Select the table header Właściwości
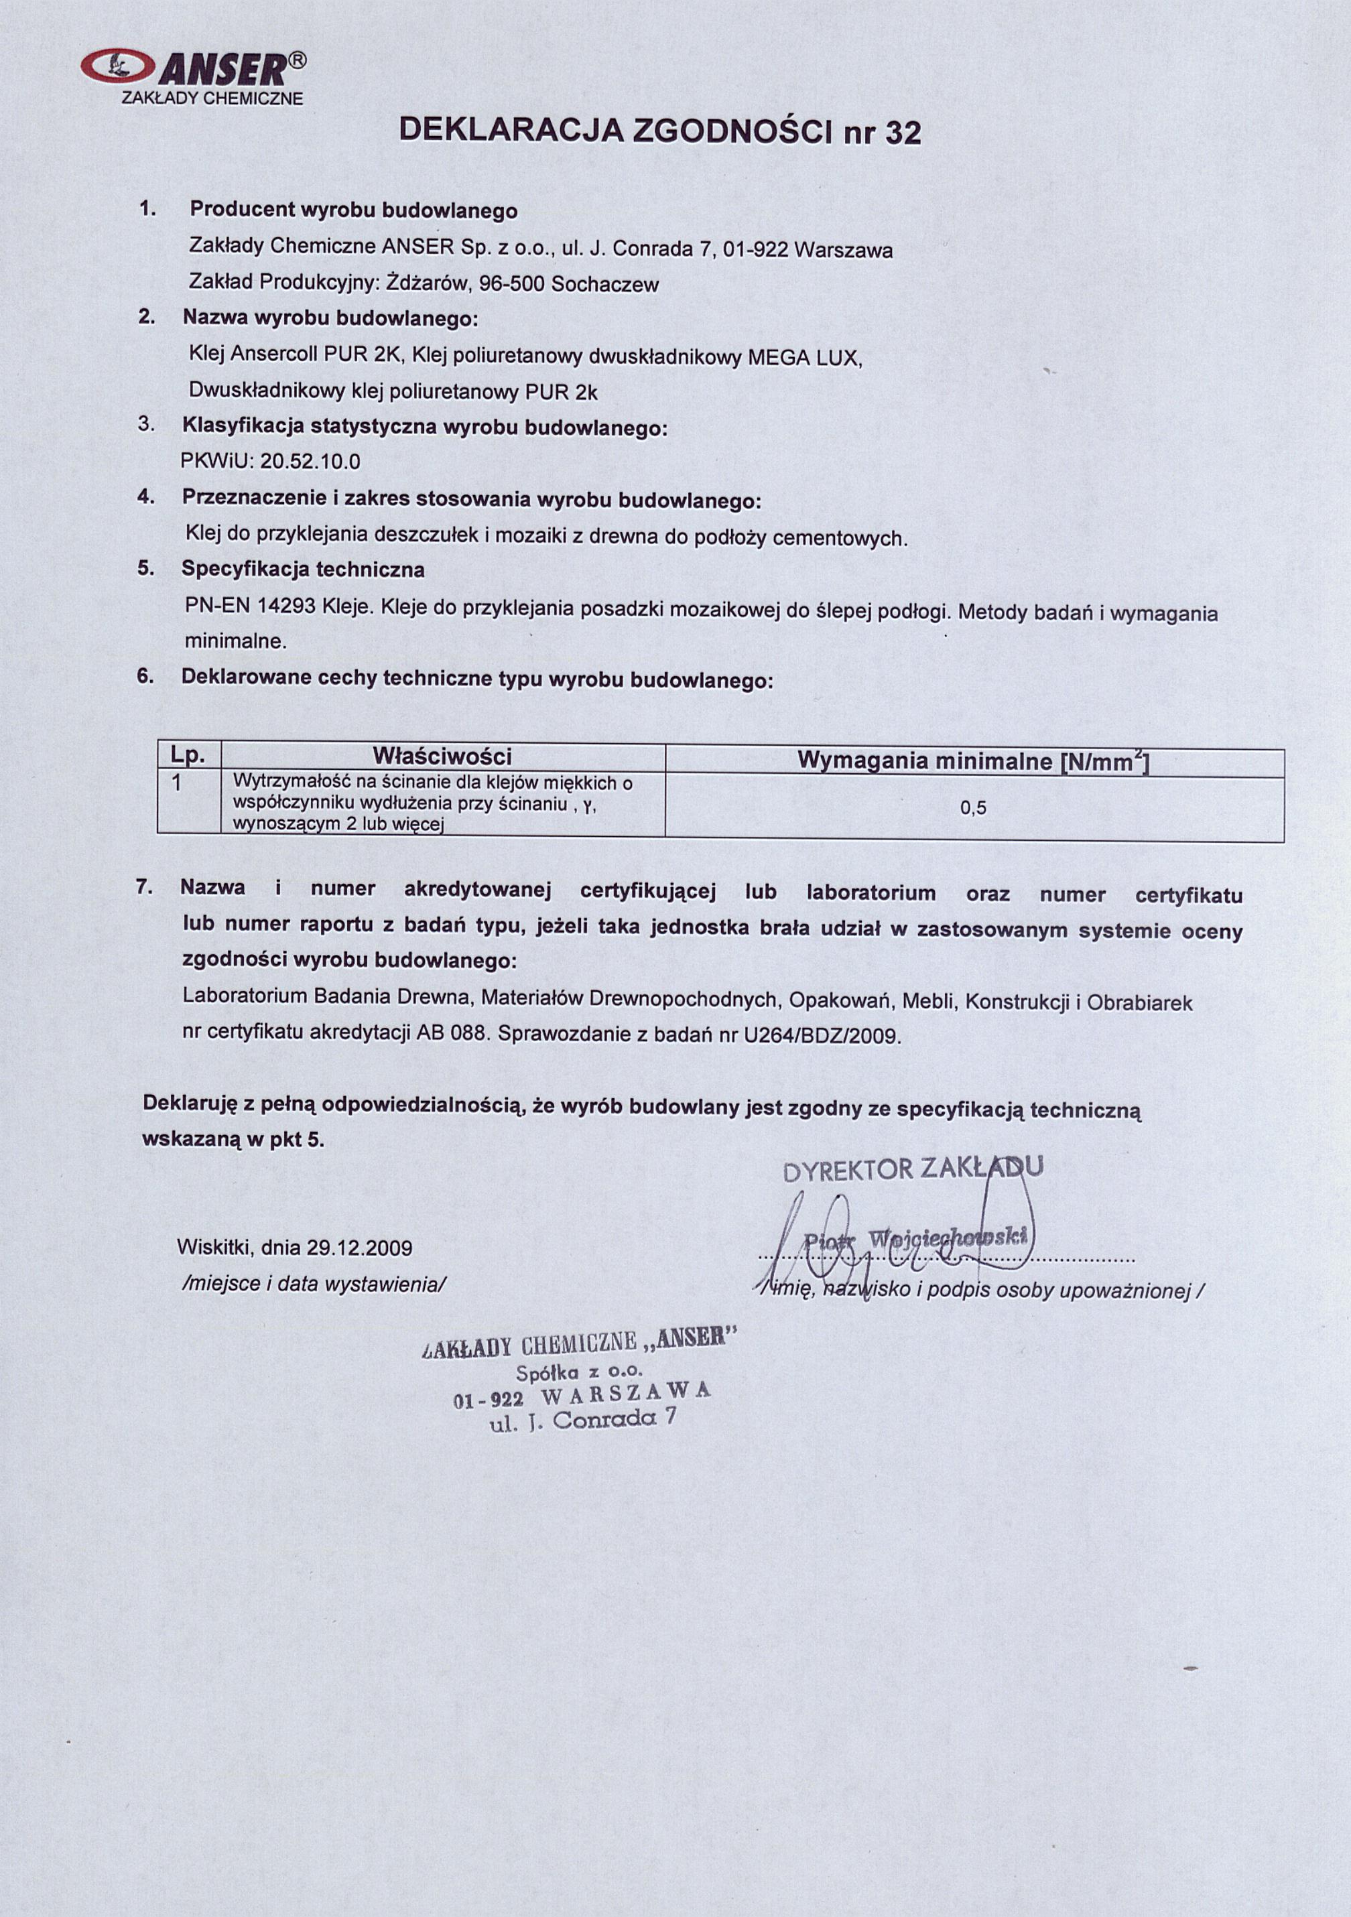[442, 756]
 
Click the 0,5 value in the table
[973, 807]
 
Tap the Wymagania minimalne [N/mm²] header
[973, 761]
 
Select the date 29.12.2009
[359, 1248]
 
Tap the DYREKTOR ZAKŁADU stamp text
[913, 1170]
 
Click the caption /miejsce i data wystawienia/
[314, 1284]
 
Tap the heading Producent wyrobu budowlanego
[354, 210]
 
